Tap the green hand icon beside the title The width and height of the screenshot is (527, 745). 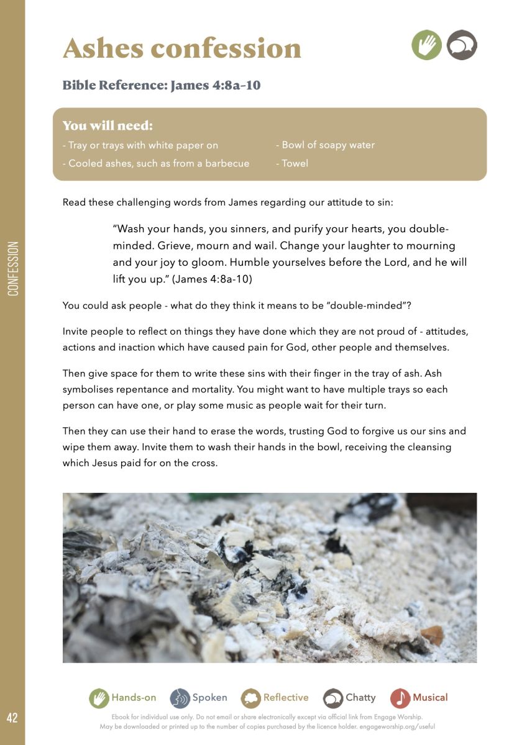426,45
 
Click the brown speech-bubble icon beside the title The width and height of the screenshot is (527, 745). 462,45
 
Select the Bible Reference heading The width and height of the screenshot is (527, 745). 161,85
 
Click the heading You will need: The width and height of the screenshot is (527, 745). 108,126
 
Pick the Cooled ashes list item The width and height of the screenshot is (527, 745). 156,164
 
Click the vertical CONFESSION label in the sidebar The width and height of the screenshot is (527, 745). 13,268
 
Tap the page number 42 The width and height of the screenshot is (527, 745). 12,718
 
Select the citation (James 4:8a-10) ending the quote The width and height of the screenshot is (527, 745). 212,279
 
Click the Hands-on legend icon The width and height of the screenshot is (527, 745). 98,698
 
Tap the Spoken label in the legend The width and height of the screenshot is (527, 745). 209,698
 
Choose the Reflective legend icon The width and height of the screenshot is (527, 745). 250,698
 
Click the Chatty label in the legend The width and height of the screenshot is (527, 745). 360,698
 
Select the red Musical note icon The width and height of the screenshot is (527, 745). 400,698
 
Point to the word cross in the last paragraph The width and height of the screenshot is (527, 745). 203,463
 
